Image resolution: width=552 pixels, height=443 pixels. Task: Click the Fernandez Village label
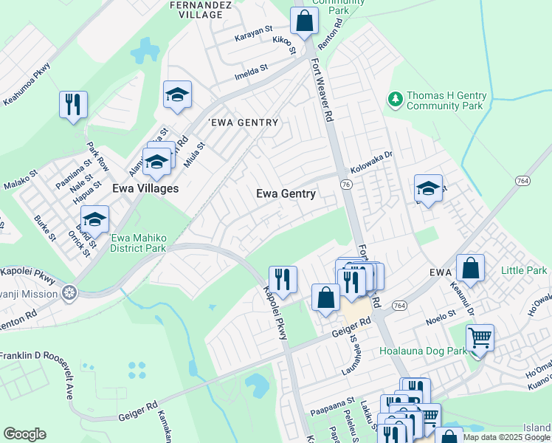click(x=179, y=9)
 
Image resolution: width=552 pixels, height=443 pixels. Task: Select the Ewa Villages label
click(x=145, y=188)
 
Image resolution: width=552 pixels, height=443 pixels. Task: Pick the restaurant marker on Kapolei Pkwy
click(x=283, y=279)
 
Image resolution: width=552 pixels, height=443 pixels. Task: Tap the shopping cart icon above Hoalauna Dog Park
click(x=480, y=338)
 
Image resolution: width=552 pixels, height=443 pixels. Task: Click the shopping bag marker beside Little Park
click(x=470, y=267)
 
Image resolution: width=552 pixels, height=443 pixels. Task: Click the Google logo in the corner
click(x=25, y=434)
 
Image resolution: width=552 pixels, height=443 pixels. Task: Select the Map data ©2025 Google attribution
click(x=506, y=437)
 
